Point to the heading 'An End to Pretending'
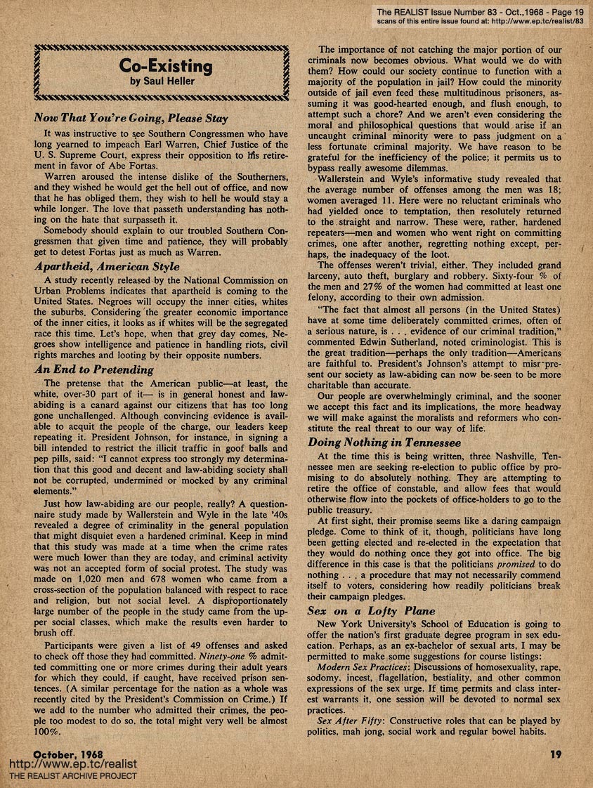pos(93,369)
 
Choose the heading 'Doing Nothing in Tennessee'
pos(384,442)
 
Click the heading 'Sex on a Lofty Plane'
pos(372,611)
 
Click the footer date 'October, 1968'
pos(68,752)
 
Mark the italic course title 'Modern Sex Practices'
pos(363,666)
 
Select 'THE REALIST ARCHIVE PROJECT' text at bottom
pos(72,776)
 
